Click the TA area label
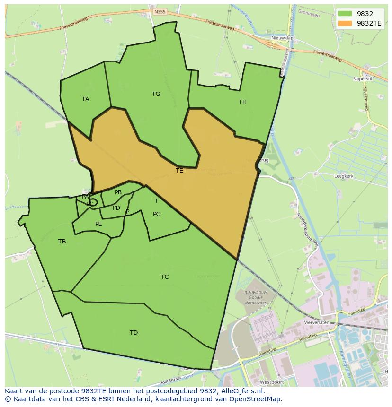click(85, 99)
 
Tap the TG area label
click(156, 94)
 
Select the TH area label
click(242, 102)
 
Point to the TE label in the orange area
click(179, 171)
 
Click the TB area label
click(62, 242)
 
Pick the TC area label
click(165, 277)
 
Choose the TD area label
click(134, 333)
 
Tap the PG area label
click(157, 214)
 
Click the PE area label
click(98, 224)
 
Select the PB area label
click(118, 192)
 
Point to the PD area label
click(116, 208)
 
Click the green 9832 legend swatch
click(345, 14)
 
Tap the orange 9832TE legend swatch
click(345, 23)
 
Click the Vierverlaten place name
click(318, 322)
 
